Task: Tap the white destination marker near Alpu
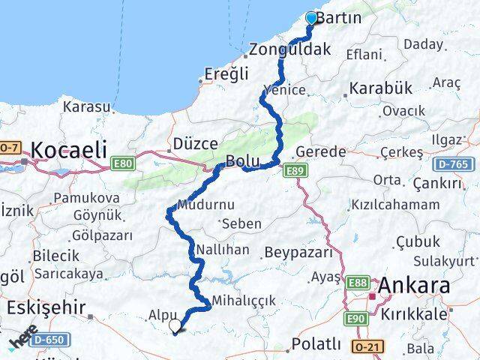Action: point(175,325)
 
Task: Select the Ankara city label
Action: point(415,286)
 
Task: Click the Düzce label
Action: point(195,143)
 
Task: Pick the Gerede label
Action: point(321,151)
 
